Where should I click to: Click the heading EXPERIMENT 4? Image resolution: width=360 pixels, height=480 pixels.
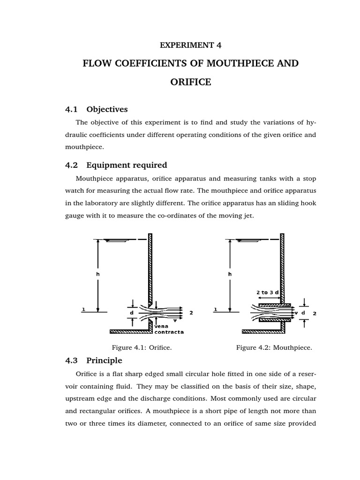(190, 45)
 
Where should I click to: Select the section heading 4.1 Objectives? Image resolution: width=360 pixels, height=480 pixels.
(97, 109)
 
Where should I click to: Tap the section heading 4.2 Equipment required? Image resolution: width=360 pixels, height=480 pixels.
(116, 165)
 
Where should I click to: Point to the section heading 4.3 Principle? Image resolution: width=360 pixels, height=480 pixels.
(94, 360)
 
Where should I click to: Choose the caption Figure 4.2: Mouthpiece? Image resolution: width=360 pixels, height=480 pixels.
(274, 347)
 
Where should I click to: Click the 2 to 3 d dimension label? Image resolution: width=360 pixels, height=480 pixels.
(268, 292)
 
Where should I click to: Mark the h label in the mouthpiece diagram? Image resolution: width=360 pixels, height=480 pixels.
(230, 273)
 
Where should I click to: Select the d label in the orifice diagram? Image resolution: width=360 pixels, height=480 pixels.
(132, 312)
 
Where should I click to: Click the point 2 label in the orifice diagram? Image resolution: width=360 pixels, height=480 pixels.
(191, 312)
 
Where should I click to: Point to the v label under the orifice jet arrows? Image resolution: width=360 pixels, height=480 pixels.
(175, 320)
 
